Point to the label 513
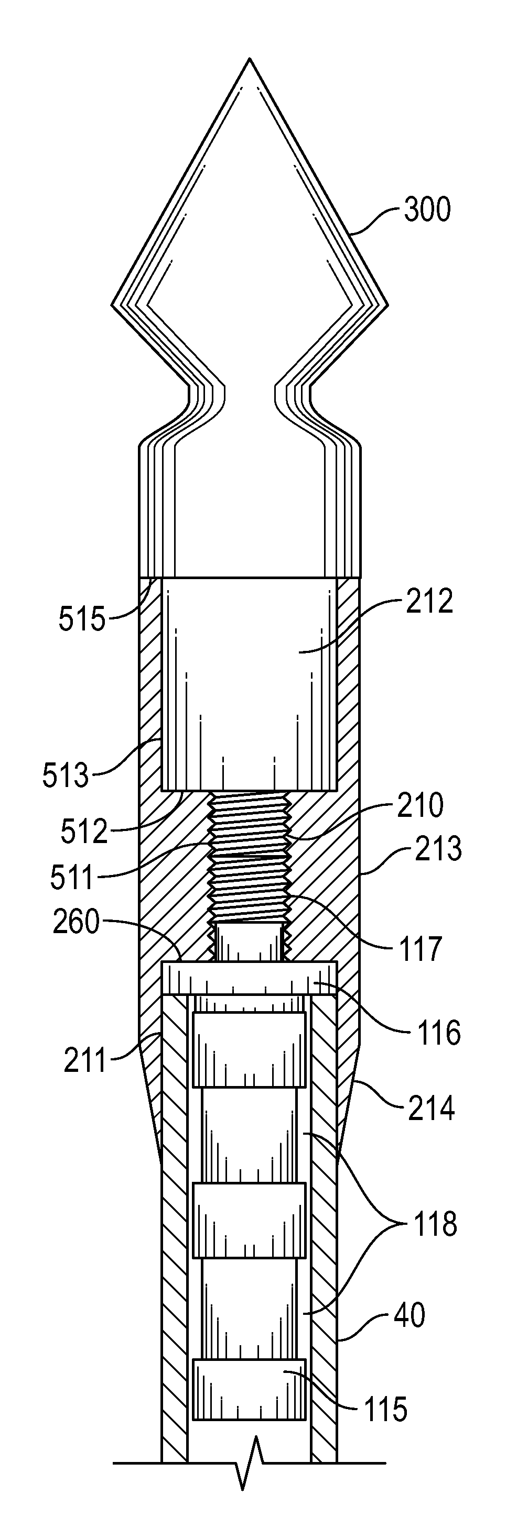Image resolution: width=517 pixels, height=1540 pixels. [x=66, y=776]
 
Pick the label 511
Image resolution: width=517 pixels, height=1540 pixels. [x=73, y=879]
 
